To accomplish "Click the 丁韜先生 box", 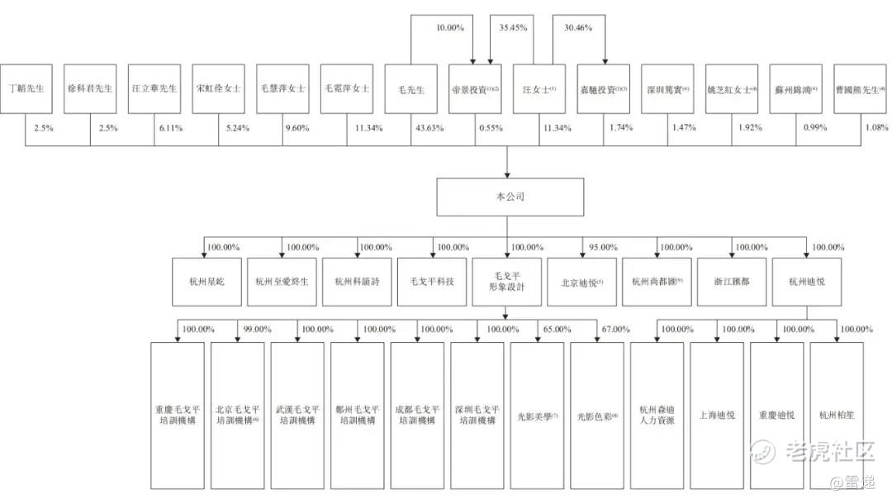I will (x=26, y=89).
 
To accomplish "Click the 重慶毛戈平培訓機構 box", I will (x=177, y=414).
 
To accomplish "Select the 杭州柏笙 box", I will (x=837, y=414).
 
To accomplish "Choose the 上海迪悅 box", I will (x=717, y=414).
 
